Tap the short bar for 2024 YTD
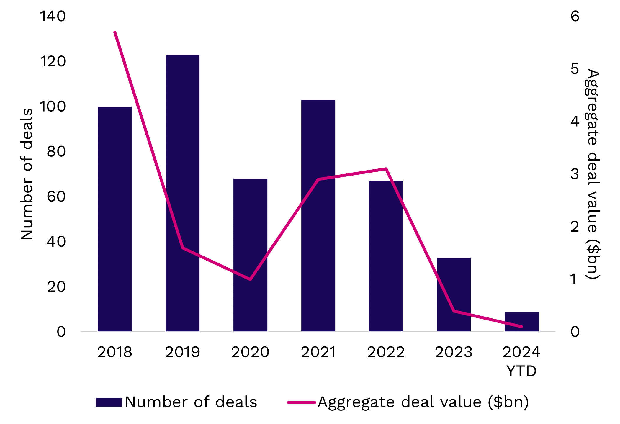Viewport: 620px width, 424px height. (521, 321)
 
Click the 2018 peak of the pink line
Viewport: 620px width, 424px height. (115, 32)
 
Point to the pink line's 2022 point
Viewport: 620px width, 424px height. (386, 169)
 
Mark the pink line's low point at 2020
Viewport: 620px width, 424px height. (250, 279)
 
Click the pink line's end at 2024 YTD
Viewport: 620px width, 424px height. (521, 327)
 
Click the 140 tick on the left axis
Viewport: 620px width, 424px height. (53, 16)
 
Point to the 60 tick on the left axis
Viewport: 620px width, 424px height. (56, 197)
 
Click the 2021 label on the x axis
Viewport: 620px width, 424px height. (318, 352)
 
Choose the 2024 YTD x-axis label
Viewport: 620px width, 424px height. (521, 361)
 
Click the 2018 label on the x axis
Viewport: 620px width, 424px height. (115, 352)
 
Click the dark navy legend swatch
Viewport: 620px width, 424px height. (108, 402)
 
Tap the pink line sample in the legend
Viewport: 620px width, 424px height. (301, 402)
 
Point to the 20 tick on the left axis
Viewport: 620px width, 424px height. (56, 287)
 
